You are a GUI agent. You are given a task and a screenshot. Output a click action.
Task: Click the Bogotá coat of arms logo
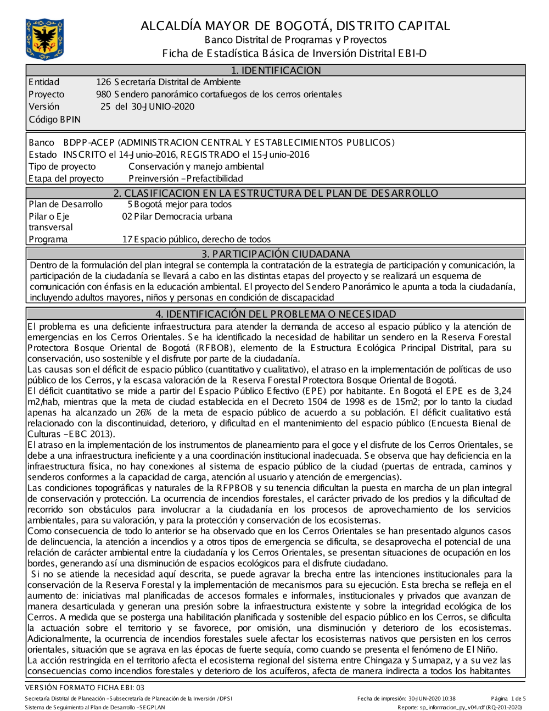(x=44, y=39)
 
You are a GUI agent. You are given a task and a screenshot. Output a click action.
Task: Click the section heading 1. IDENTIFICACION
(x=276, y=70)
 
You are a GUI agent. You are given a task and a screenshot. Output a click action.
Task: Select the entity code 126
(x=103, y=82)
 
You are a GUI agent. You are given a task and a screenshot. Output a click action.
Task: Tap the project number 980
(x=103, y=95)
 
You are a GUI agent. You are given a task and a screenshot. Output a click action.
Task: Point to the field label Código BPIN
(x=54, y=119)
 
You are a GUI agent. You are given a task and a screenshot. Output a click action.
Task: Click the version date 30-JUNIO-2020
(x=163, y=107)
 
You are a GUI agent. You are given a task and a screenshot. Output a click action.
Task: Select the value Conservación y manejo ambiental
(x=196, y=166)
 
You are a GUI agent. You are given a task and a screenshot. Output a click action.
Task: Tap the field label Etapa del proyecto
(x=66, y=179)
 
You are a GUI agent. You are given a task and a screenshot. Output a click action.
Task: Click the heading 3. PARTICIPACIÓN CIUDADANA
(x=276, y=254)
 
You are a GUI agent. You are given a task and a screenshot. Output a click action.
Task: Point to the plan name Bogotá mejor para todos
(x=183, y=204)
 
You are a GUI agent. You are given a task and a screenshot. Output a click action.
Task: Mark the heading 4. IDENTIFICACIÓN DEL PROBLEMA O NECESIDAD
(x=276, y=314)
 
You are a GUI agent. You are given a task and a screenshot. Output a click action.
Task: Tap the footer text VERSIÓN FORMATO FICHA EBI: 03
(x=85, y=687)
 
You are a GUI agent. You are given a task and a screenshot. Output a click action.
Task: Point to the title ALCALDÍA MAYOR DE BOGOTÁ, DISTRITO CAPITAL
(x=295, y=26)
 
